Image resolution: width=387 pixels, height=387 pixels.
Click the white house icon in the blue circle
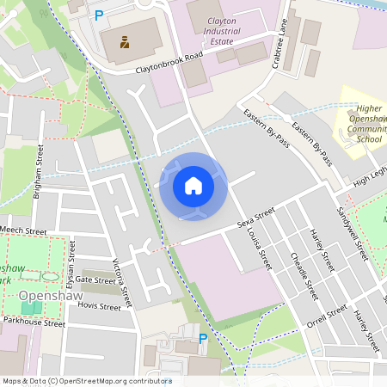pyautogui.click(x=193, y=186)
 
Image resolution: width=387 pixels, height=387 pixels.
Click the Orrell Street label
pyautogui.click(x=328, y=316)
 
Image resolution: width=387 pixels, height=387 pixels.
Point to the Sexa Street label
pyautogui.click(x=255, y=218)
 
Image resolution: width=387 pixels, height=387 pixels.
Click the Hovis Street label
pyautogui.click(x=99, y=305)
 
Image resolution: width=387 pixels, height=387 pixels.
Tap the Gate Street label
pyautogui.click(x=95, y=279)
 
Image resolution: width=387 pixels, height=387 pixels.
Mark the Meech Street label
pyautogui.click(x=23, y=230)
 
